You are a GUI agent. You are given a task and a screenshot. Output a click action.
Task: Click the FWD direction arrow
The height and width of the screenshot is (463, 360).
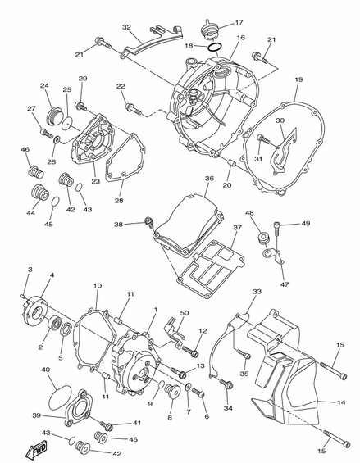[x=36, y=450]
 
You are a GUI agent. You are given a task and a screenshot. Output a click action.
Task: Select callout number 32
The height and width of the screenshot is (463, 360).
[x=126, y=27]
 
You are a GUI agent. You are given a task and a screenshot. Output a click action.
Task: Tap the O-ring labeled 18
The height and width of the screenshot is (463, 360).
[x=214, y=47]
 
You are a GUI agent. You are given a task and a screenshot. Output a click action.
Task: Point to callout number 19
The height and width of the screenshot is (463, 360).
[x=298, y=79]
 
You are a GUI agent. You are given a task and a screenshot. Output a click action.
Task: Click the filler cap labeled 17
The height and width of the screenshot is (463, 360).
[x=209, y=30]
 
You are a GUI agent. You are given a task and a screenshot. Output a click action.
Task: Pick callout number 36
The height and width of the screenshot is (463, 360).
[x=209, y=179]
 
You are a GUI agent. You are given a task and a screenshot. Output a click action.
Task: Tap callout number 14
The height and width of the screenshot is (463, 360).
[x=341, y=402]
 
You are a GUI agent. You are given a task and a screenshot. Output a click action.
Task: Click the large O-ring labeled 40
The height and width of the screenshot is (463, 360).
[x=60, y=397]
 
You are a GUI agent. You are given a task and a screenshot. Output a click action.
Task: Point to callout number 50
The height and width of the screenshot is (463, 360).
[x=185, y=313]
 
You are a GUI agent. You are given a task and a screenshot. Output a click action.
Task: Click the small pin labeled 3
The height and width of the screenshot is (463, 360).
[x=23, y=295]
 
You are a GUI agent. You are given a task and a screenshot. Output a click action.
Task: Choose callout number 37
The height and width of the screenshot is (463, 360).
[x=237, y=228]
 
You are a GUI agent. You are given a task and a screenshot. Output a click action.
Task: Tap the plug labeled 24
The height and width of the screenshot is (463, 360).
[x=54, y=116]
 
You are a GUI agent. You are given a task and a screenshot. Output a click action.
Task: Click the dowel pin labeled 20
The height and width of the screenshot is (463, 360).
[x=230, y=163]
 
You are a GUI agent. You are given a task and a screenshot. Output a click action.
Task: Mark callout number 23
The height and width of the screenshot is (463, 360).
[x=95, y=181]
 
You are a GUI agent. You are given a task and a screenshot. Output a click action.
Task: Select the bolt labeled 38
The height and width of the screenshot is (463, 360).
[x=148, y=222]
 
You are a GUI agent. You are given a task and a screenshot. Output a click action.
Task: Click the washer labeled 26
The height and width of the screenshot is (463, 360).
[x=56, y=138]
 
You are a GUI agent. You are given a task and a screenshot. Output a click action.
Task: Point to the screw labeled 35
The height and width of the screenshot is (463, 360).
[x=243, y=354]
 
